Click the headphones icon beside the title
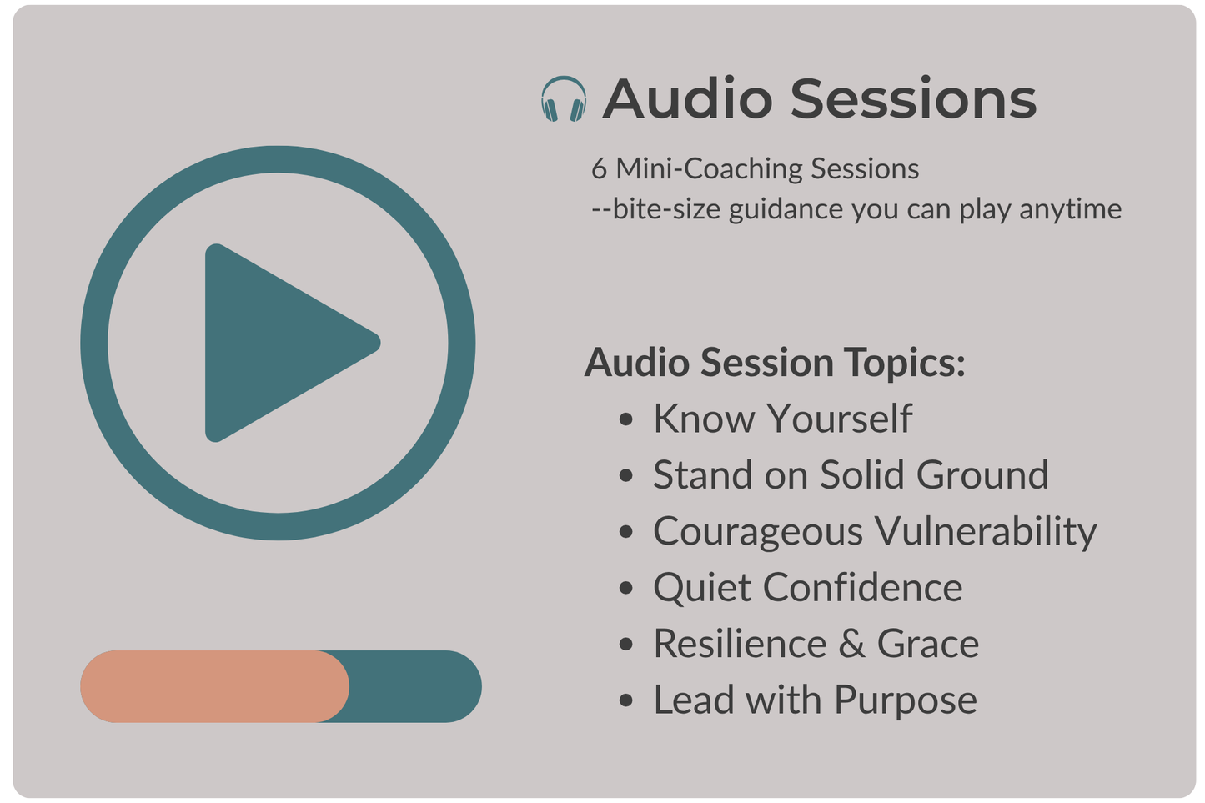pyautogui.click(x=563, y=99)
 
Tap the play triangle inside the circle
pyautogui.click(x=279, y=343)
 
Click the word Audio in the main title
pyautogui.click(x=688, y=99)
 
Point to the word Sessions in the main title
pyautogui.click(x=913, y=99)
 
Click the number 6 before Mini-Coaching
pyautogui.click(x=599, y=169)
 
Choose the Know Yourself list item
pyautogui.click(x=782, y=419)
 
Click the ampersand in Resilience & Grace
pyautogui.click(x=851, y=644)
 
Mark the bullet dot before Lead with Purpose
pyautogui.click(x=627, y=700)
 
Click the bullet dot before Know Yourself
pyautogui.click(x=627, y=419)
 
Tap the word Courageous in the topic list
pyautogui.click(x=758, y=532)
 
